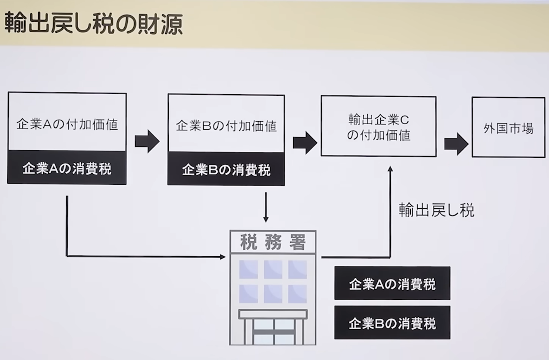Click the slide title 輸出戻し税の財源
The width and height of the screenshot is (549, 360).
pos(93,24)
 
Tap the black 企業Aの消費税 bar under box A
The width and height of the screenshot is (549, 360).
pos(67,168)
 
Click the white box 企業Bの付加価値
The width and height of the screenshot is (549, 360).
pos(226,124)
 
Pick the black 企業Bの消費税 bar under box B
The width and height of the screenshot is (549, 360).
pos(226,169)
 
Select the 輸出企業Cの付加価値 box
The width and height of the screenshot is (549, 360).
pos(378,127)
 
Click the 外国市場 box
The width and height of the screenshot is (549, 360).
pos(508,128)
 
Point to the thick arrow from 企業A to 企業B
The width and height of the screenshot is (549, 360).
pos(147,141)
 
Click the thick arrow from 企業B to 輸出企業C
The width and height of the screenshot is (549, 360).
pos(305,143)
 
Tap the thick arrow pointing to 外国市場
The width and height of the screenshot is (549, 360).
pos(456,144)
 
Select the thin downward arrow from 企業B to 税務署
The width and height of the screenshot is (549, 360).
pos(266,207)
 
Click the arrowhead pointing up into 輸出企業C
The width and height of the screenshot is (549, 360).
pos(390,170)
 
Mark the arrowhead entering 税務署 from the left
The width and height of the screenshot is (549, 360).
pos(223,257)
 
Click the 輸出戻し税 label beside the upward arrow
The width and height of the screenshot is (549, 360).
pos(437,210)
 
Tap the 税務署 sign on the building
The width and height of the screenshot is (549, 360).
pos(273,242)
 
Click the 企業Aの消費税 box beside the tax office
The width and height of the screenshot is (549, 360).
pos(392,284)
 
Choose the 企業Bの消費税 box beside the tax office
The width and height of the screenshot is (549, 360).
pos(392,323)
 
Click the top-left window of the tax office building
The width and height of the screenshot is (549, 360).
pos(248,270)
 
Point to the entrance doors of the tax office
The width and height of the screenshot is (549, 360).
pos(273,331)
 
